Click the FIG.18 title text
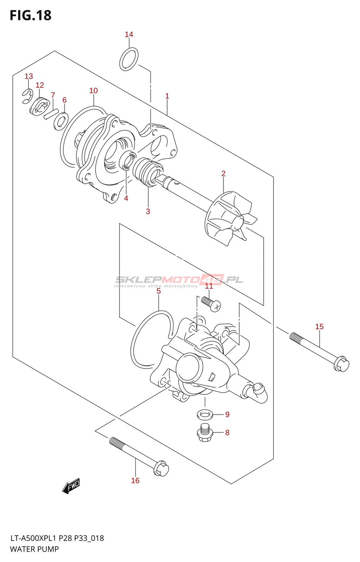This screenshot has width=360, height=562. point(31,15)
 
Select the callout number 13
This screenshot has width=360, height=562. point(29,76)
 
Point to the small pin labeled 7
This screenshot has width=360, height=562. point(51,114)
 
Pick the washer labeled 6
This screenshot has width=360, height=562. point(61,121)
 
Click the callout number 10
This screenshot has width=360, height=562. point(94,91)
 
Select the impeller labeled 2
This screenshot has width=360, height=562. point(229,218)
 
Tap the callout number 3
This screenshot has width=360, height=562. point(148,211)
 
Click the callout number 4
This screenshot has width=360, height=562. point(126,198)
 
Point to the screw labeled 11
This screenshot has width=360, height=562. point(211,304)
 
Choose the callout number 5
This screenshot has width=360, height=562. point(159,291)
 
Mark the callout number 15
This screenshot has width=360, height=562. point(319,327)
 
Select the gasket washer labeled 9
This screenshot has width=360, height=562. point(205,414)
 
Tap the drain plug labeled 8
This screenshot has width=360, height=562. point(205,433)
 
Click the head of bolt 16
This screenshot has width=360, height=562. point(161,468)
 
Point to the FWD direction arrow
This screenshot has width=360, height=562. point(71,486)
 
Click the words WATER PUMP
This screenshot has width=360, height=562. point(34,549)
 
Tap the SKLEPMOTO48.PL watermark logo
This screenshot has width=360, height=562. point(179,280)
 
